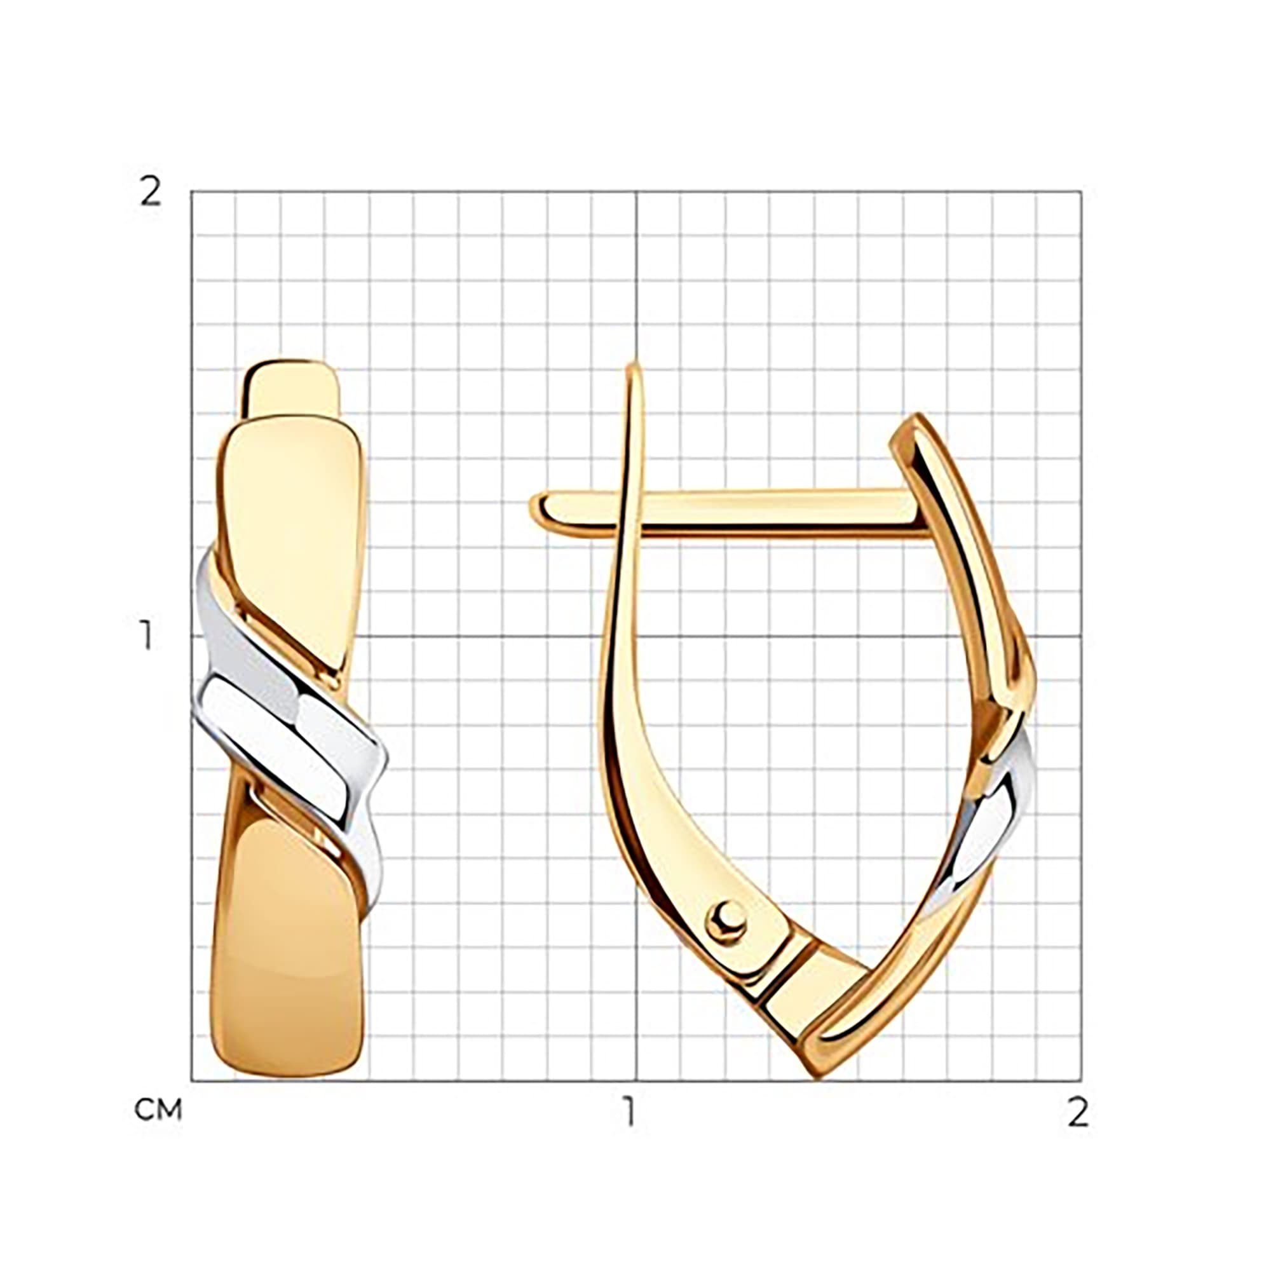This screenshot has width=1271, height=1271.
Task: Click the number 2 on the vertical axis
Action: (151, 192)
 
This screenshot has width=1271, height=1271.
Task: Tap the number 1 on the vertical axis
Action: (146, 635)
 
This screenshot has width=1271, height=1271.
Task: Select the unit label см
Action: (158, 1110)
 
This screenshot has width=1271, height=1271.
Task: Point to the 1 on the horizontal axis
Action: (631, 1111)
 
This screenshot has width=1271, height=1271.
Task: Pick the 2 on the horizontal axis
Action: (1078, 1111)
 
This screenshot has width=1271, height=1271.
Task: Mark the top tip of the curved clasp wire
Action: (634, 364)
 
